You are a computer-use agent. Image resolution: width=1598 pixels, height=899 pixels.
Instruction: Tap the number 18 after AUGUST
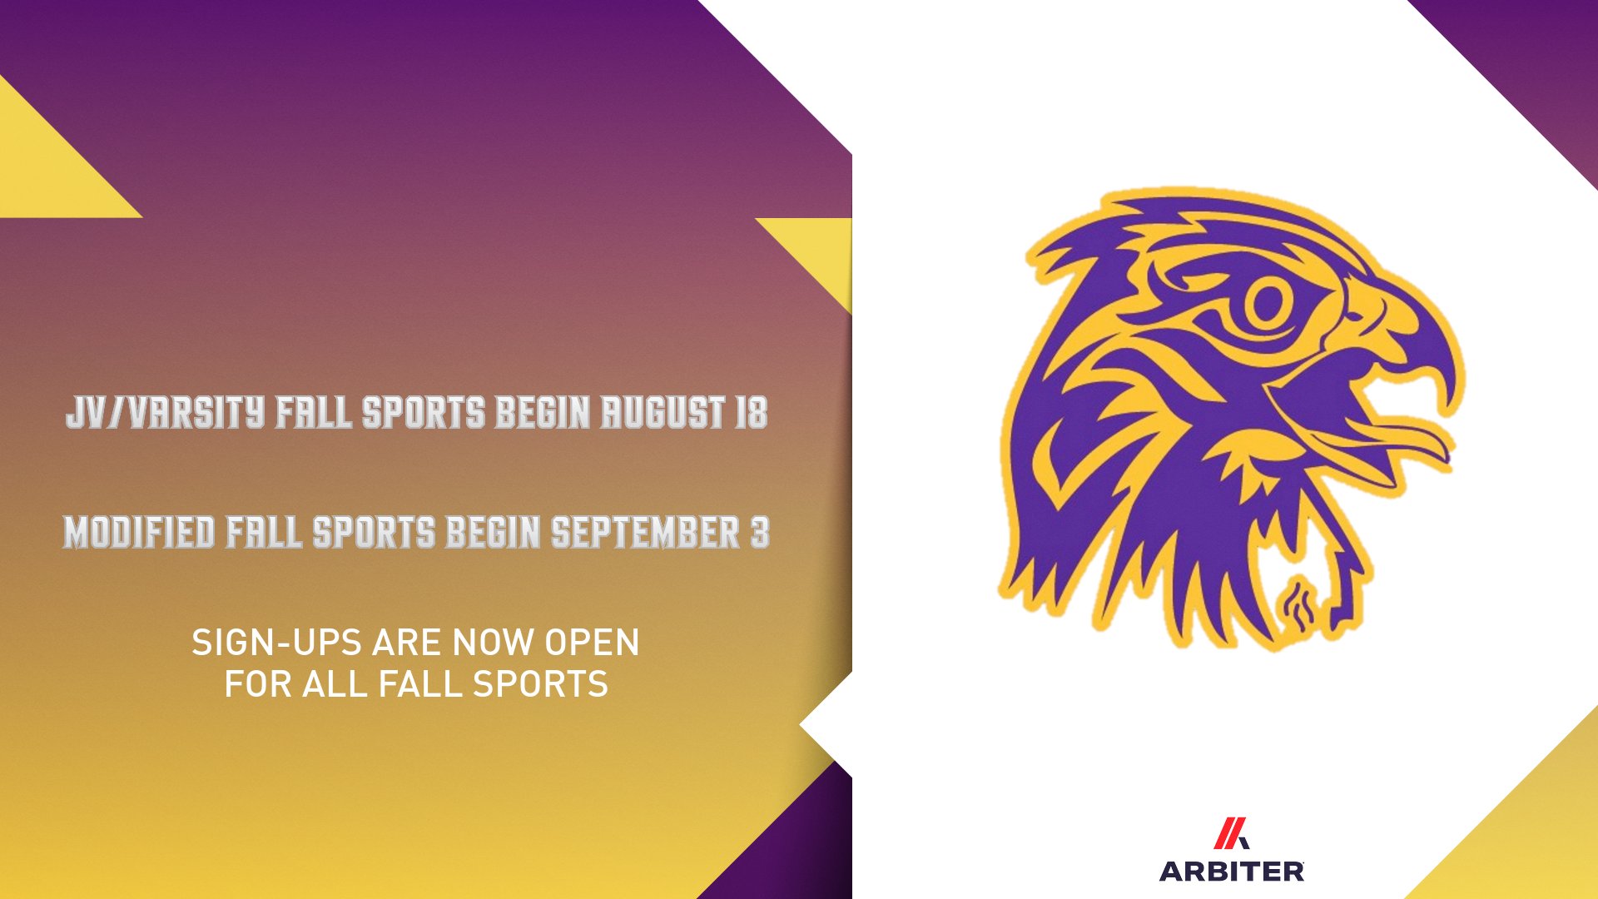[751, 413]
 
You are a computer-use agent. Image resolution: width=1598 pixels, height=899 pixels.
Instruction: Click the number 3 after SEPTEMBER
[760, 533]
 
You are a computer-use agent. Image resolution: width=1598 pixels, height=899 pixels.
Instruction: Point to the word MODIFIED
[139, 533]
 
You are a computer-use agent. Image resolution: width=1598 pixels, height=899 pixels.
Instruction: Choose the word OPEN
[592, 643]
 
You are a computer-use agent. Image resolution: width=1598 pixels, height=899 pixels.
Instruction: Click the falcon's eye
[1267, 301]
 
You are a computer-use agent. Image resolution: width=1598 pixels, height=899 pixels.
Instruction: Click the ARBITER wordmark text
[1232, 872]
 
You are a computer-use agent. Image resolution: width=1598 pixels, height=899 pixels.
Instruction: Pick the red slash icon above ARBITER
[1230, 833]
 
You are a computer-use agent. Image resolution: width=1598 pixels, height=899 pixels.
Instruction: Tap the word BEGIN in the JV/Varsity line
[543, 413]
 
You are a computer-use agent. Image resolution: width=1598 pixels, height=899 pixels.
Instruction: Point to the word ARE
[408, 643]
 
